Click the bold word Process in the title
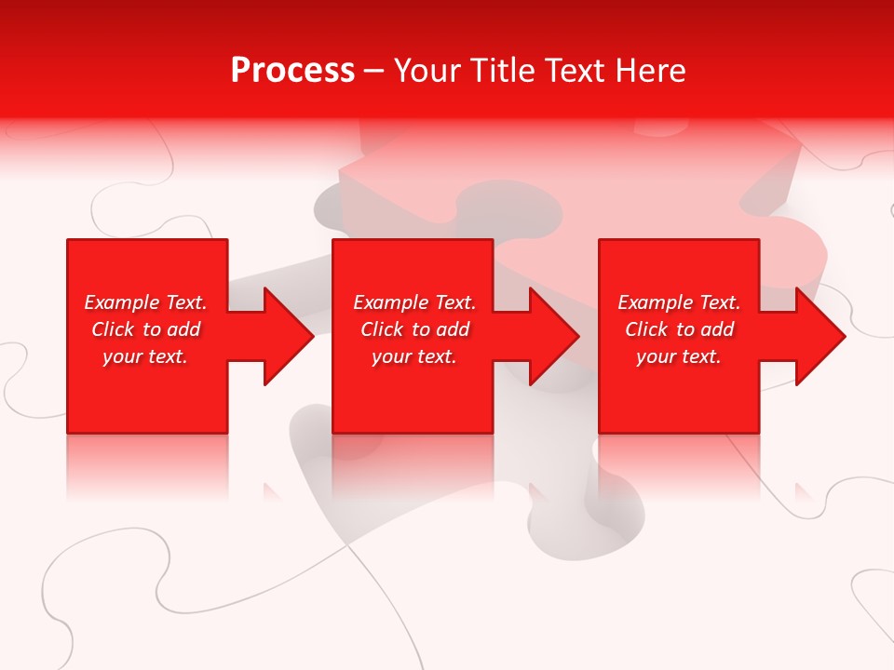(x=292, y=71)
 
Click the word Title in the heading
(x=500, y=71)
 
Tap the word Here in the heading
(x=650, y=71)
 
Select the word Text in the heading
(x=576, y=71)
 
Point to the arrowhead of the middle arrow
(x=552, y=336)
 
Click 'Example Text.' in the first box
(x=145, y=302)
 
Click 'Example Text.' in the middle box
(x=414, y=302)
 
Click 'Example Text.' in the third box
(x=679, y=302)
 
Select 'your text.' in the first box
(x=145, y=356)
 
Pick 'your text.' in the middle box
(x=414, y=356)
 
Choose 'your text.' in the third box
(x=679, y=356)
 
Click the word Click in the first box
(x=113, y=329)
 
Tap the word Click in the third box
(x=646, y=329)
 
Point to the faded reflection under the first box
(x=147, y=465)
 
